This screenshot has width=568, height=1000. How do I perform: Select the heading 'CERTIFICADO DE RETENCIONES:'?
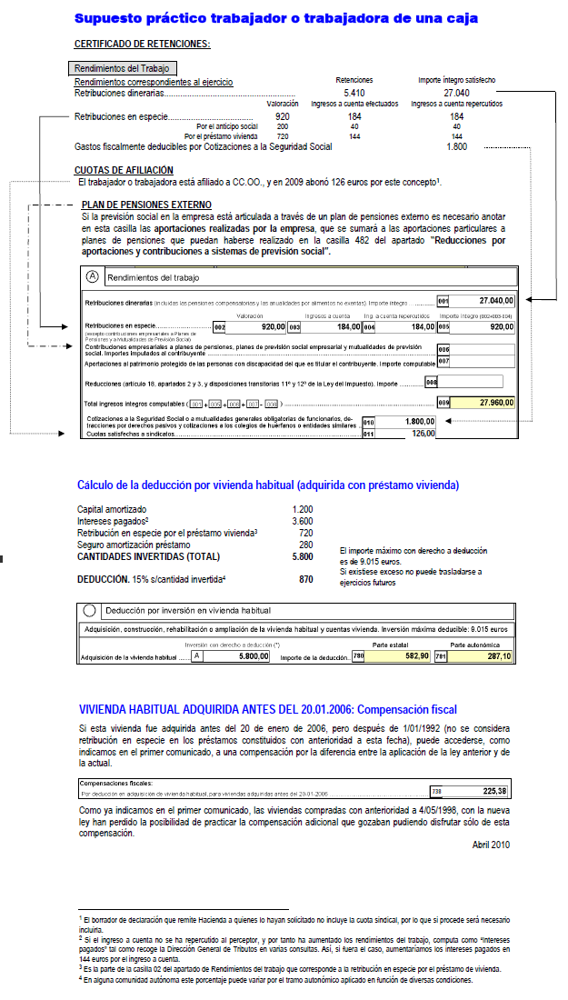click(142, 44)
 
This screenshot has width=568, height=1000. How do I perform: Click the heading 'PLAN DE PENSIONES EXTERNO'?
click(146, 205)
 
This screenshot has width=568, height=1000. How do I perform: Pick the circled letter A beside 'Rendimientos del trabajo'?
click(92, 276)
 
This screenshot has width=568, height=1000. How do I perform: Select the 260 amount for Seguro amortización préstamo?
click(305, 545)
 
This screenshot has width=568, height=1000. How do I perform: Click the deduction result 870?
click(305, 579)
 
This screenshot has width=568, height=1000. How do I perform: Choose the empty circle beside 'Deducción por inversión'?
click(90, 611)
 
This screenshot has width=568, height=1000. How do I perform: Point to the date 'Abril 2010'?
click(491, 845)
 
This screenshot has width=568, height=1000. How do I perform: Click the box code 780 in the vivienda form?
click(358, 655)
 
